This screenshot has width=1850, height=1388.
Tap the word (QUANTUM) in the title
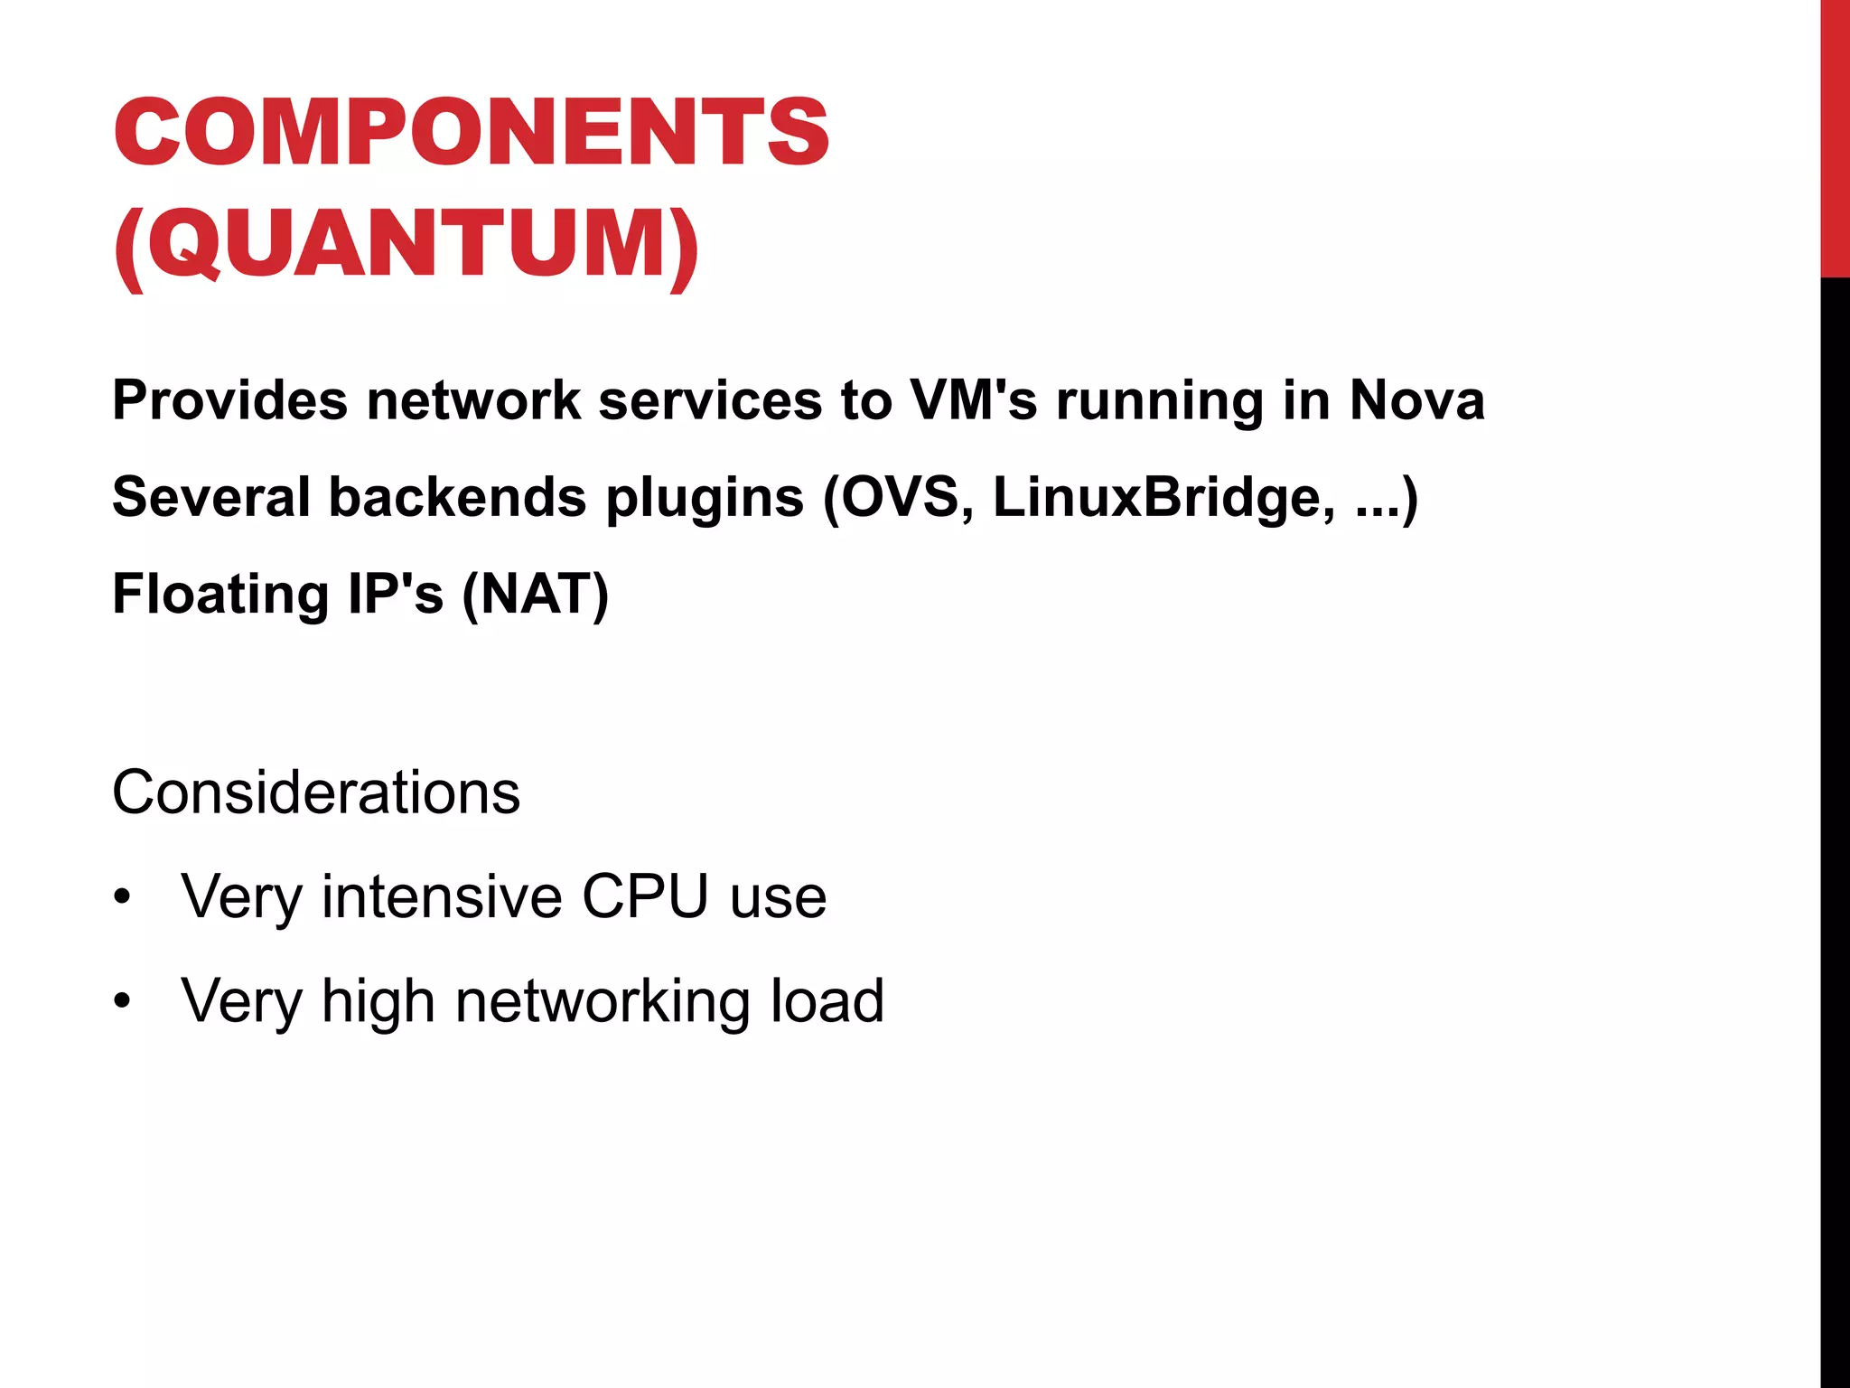click(x=406, y=245)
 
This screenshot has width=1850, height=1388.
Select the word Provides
click(x=229, y=400)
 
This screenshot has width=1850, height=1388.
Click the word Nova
click(x=1416, y=400)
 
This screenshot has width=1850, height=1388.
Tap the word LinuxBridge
click(x=1163, y=497)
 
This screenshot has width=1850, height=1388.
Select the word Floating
click(x=220, y=595)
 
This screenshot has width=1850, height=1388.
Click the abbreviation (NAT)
click(x=536, y=595)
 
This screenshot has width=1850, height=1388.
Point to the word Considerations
click(x=316, y=793)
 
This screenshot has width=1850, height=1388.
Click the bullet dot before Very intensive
click(x=123, y=898)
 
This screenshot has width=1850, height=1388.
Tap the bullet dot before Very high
click(x=123, y=1002)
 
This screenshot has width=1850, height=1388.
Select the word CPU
click(x=645, y=897)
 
